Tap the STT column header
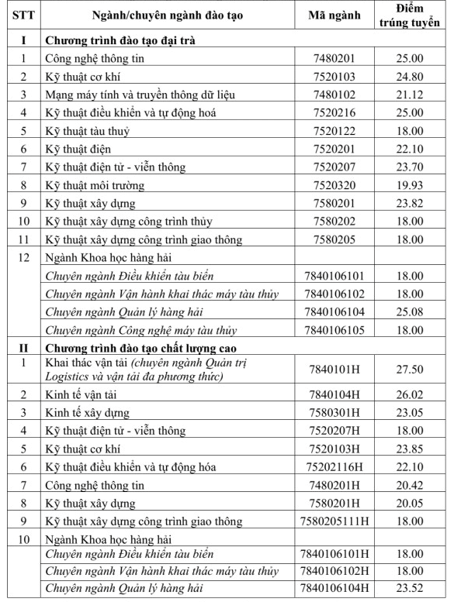click(24, 16)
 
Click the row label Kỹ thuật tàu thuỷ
click(87, 131)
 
